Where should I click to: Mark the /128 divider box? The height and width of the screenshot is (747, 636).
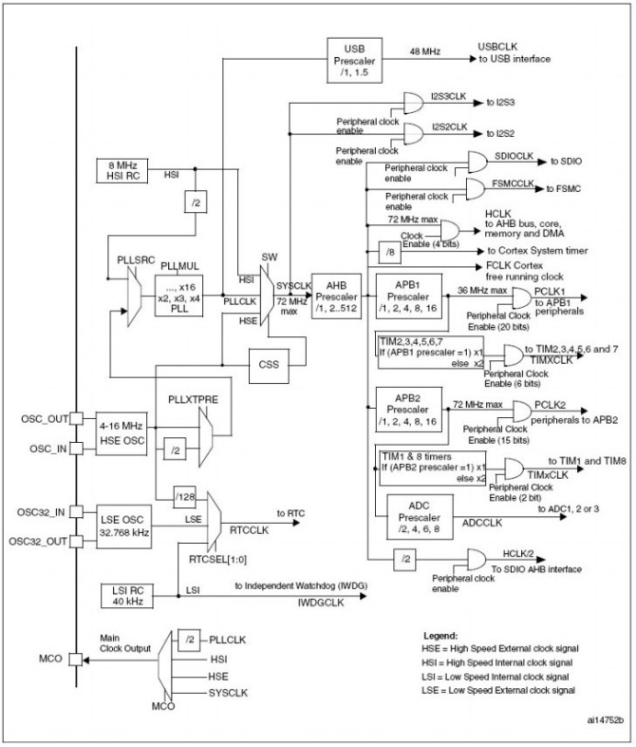point(184,491)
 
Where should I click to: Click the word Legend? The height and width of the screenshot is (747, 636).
point(440,634)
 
